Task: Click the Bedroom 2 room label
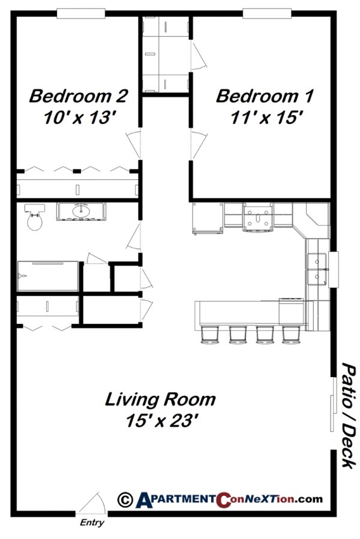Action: (79, 95)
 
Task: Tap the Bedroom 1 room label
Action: (264, 95)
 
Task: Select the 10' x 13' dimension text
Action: (79, 118)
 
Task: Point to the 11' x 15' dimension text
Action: (265, 118)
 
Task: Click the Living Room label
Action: (160, 399)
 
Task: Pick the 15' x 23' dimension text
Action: (160, 421)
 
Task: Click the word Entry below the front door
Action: (91, 523)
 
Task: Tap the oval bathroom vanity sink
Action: (81, 211)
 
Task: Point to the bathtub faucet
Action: (22, 276)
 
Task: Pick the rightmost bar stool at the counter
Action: (291, 335)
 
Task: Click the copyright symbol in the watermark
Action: (125, 499)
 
